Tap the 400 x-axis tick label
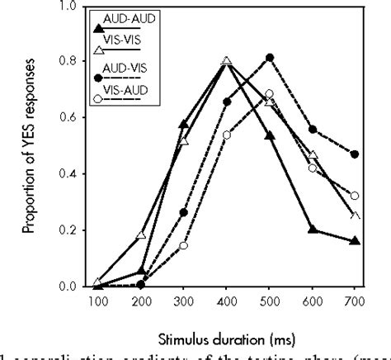pyautogui.click(x=226, y=301)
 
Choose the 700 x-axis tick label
pyautogui.click(x=355, y=301)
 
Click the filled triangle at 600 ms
pyautogui.click(x=312, y=230)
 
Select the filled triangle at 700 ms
pyautogui.click(x=355, y=241)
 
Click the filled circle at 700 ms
pyautogui.click(x=355, y=154)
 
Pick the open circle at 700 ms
pyautogui.click(x=355, y=196)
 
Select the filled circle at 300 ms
pyautogui.click(x=183, y=212)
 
